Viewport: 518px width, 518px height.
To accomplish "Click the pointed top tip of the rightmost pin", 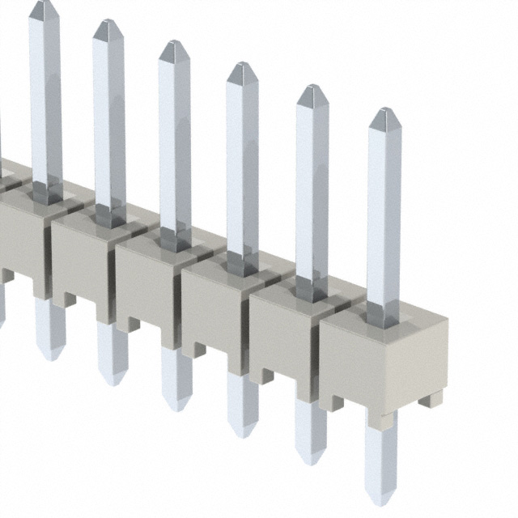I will point(384,109).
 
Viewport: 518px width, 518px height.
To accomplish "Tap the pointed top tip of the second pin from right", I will point(312,86).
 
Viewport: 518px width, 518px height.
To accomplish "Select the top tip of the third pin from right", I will point(242,64).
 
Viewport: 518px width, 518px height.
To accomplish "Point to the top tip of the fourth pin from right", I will point(174,42).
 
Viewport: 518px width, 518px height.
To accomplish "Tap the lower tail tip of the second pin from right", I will point(310,462).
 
